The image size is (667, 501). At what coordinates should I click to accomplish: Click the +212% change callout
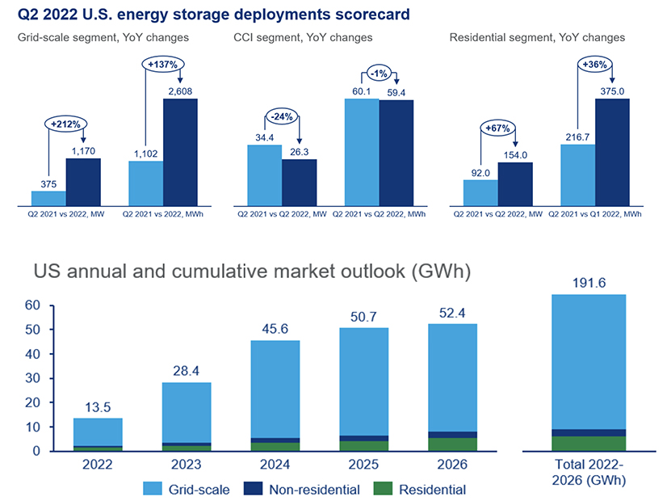(65, 125)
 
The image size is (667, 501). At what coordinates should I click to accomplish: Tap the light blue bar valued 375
(48, 198)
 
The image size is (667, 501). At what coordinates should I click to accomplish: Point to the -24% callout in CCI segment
(281, 114)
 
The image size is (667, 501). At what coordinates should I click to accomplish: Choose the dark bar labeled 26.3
(299, 182)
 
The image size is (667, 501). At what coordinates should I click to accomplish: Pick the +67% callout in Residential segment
(497, 128)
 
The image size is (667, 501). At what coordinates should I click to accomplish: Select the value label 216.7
(577, 137)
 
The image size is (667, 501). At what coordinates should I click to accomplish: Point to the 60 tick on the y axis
(31, 305)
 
